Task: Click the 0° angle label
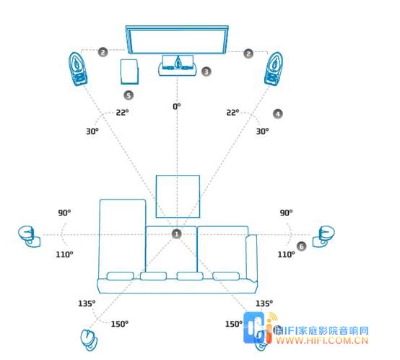pos(176,106)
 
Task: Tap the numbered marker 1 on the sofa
pos(176,234)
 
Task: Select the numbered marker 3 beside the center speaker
pos(206,72)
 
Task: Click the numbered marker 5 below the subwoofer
pos(129,95)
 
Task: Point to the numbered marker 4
pos(278,113)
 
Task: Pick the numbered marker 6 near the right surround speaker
pos(302,246)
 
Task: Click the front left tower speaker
pos(78,69)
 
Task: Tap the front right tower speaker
pos(274,69)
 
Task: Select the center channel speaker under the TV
pos(178,65)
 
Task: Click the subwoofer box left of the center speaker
pos(129,72)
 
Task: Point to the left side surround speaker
pos(30,236)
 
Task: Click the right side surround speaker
pos(323,236)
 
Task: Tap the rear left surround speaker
pos(89,340)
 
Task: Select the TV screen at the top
pos(177,40)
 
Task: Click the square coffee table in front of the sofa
pos(178,197)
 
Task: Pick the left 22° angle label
pos(122,112)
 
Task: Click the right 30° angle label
pos(262,132)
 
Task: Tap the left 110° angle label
pos(64,254)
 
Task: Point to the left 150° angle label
pos(120,324)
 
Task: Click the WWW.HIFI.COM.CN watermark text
pos(322,340)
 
